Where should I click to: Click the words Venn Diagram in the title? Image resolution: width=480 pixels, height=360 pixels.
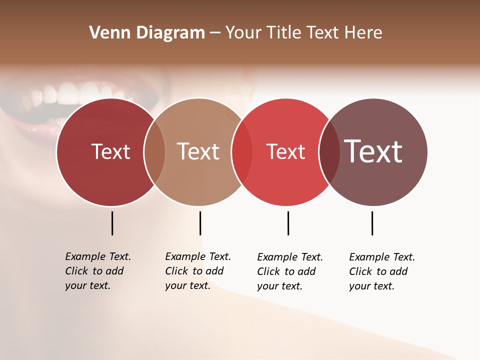click(147, 32)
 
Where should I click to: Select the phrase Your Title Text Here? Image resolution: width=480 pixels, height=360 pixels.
click(303, 32)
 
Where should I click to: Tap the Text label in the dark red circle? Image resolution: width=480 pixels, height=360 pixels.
click(110, 151)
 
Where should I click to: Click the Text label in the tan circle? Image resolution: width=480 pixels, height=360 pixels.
click(198, 151)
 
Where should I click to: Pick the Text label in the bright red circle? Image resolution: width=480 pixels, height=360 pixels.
click(285, 151)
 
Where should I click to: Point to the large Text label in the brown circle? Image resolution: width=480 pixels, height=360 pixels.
click(373, 151)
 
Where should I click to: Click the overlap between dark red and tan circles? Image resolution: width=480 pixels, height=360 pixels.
click(154, 152)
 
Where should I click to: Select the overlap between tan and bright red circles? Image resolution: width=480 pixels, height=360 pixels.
click(242, 152)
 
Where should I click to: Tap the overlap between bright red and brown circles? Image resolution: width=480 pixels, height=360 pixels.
click(329, 152)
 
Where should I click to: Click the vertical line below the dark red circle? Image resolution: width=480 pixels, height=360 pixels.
click(112, 223)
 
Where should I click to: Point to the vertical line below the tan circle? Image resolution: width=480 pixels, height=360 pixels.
click(200, 223)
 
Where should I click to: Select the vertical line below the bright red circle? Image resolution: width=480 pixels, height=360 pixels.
click(288, 223)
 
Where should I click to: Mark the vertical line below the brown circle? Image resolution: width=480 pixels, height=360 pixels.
click(372, 223)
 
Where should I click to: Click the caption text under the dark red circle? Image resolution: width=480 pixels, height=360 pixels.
click(97, 271)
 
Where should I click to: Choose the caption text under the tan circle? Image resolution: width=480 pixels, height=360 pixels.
click(197, 271)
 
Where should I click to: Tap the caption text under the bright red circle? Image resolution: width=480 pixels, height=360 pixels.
click(289, 271)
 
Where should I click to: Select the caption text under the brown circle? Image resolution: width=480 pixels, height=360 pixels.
click(381, 271)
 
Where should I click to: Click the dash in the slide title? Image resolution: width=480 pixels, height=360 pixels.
click(215, 33)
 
